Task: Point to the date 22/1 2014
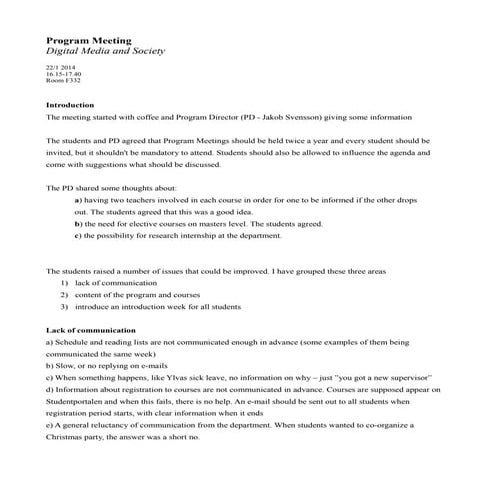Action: [61, 67]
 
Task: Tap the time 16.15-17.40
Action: [64, 74]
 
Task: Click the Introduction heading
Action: [70, 105]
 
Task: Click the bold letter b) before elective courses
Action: [78, 225]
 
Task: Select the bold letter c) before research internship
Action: [78, 237]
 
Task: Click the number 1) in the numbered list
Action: [64, 284]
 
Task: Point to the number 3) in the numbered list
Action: [64, 307]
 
